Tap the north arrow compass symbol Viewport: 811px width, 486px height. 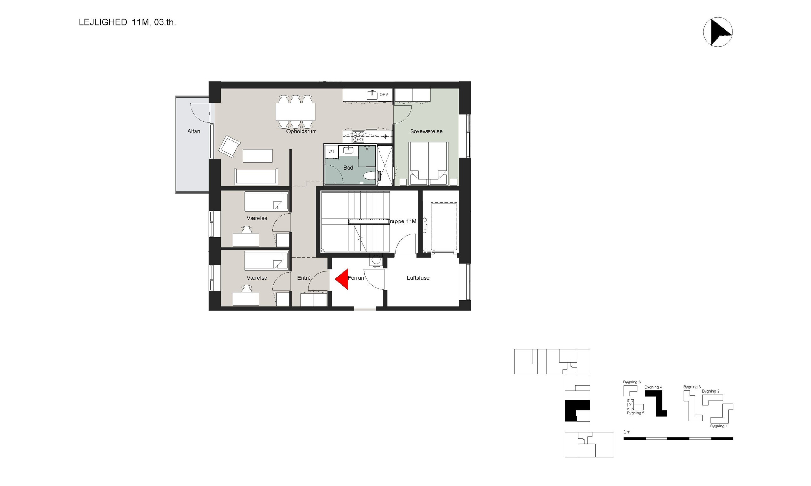pos(718,32)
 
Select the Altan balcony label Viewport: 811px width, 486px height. pos(194,131)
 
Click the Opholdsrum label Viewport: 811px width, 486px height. pos(301,131)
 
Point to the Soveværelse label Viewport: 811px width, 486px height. pos(426,131)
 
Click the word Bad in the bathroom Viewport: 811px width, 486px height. pos(348,168)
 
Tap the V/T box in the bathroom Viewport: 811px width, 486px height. pos(331,151)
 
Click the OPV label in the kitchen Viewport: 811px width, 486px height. pos(384,95)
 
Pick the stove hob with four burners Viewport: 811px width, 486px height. pos(358,137)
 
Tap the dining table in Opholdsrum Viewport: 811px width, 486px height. pos(295,112)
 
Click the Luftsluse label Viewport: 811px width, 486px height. pos(418,278)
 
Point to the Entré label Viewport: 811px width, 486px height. pos(304,278)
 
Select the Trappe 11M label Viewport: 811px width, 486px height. pos(402,222)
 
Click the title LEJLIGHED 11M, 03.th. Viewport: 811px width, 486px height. pos(127,22)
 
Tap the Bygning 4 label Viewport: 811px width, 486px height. pos(653,387)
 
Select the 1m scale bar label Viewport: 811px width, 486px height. pos(627,432)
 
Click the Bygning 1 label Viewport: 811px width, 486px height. pos(719,426)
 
